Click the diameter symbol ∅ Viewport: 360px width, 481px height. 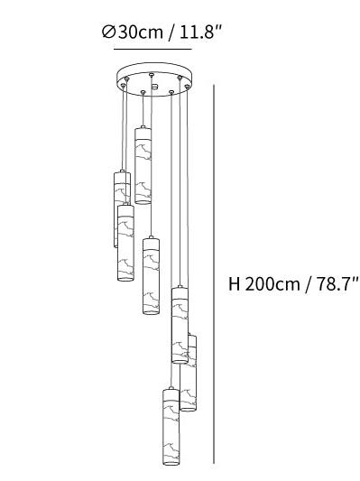coord(108,32)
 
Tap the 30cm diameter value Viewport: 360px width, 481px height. coord(141,32)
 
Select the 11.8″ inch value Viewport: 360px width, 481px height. coord(200,32)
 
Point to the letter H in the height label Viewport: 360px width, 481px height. coord(234,284)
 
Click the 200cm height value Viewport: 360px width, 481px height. coord(272,284)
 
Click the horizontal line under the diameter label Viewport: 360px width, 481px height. coord(152,49)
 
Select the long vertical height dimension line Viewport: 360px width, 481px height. coord(214,274)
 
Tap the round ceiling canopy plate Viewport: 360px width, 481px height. coord(154,79)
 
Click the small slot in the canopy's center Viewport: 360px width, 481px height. coord(155,88)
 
